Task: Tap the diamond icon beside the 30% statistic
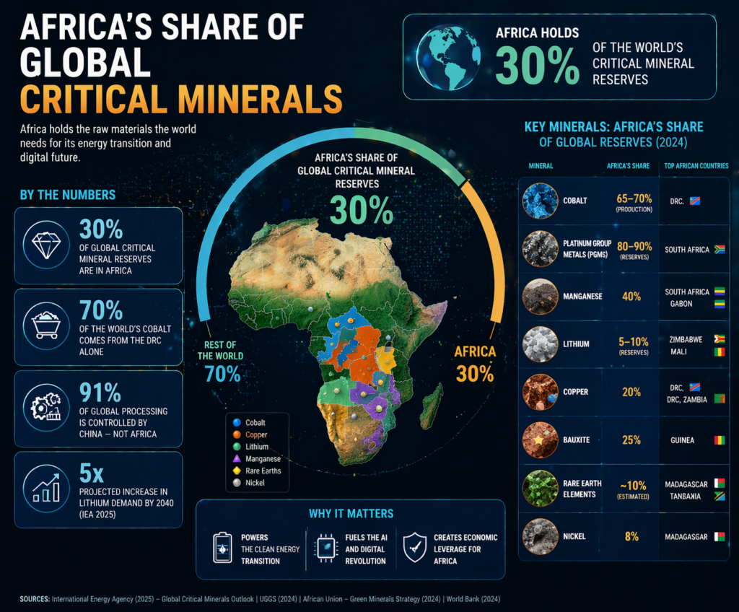[45, 245]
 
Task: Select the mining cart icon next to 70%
[45, 326]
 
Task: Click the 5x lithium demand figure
[92, 473]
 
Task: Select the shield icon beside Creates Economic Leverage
[415, 548]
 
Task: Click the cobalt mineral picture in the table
[541, 200]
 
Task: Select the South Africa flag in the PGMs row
[719, 249]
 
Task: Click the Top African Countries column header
[696, 165]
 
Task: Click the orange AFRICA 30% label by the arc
[475, 363]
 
